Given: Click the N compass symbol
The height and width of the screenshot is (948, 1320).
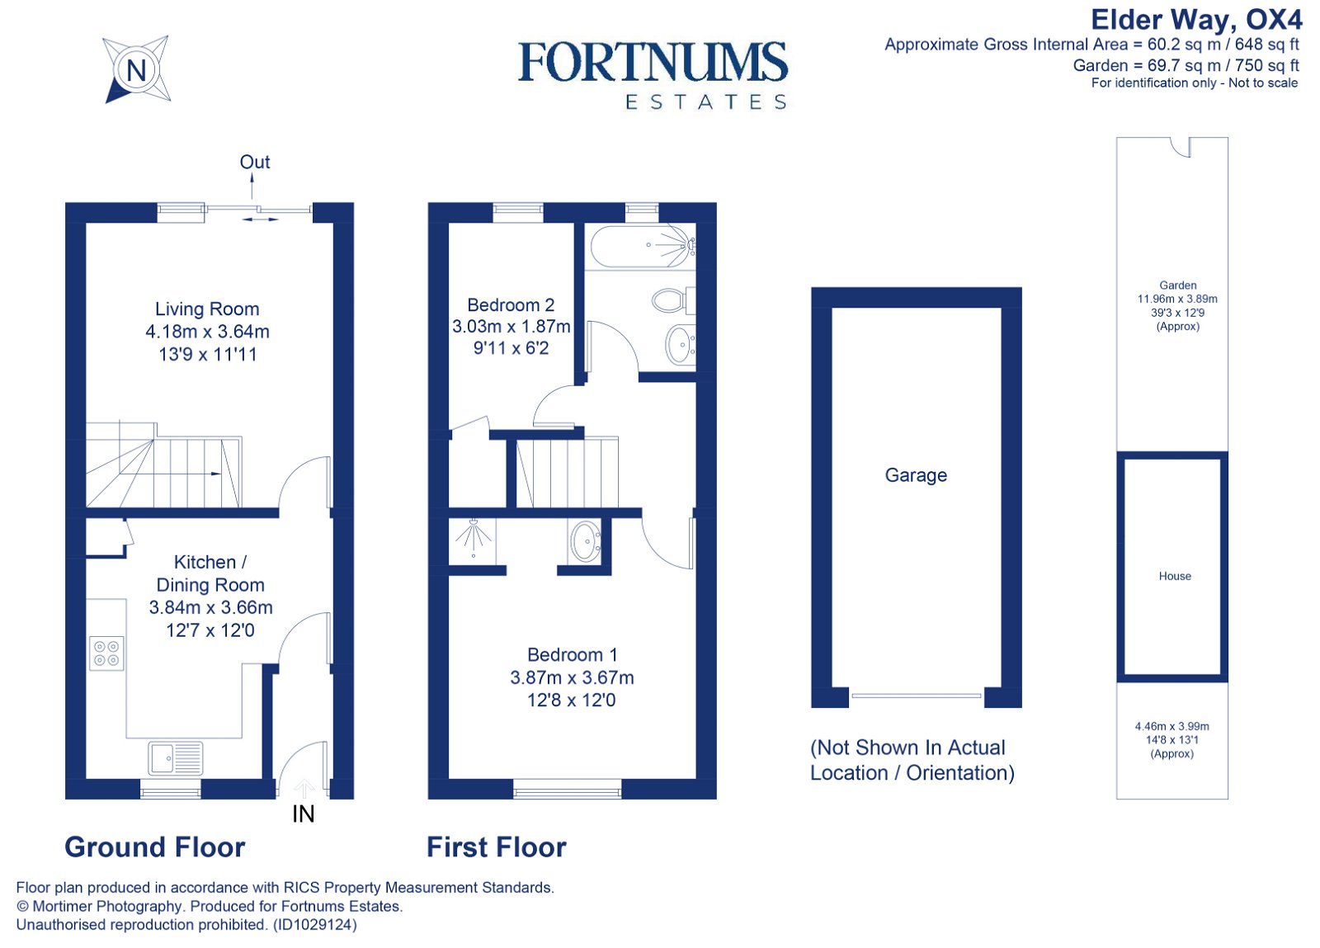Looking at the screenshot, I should (136, 69).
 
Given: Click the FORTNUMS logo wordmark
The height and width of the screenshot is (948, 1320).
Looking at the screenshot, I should (653, 63).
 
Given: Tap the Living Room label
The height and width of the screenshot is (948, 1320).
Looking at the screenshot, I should (207, 309).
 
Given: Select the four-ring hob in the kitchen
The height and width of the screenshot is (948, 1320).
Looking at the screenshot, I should (106, 653).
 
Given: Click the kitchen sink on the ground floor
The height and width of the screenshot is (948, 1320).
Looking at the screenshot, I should (176, 758).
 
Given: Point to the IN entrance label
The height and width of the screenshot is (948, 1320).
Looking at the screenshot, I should (304, 814).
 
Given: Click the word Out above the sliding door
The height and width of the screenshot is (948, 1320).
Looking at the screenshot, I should (255, 162).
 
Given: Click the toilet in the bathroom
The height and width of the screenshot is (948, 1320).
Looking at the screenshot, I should (671, 300).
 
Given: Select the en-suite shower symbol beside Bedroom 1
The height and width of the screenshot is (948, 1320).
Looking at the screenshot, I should (474, 539).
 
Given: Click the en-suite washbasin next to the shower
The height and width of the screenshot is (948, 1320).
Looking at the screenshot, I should (585, 541).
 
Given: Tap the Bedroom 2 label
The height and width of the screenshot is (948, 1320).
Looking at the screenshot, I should (511, 304).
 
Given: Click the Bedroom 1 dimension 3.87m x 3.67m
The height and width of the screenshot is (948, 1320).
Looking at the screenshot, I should (572, 677).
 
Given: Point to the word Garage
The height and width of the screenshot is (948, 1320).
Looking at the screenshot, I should (916, 475).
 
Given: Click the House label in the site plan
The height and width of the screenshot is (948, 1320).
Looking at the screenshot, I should (1175, 576).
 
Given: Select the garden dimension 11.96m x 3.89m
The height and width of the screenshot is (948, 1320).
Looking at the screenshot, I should (1177, 299).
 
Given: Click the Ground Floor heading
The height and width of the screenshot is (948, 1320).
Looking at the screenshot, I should (155, 847).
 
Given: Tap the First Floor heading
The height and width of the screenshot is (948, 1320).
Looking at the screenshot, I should (496, 847).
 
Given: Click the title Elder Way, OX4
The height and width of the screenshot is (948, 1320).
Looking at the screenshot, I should (1196, 19).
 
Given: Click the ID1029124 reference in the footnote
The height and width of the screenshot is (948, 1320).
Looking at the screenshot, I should (315, 925).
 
